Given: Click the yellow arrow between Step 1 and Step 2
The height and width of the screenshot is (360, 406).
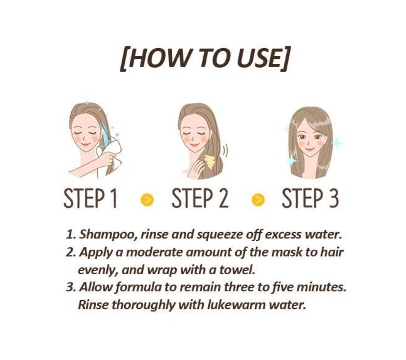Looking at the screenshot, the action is (x=147, y=200).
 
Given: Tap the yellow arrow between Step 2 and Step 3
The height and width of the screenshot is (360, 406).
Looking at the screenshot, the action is (x=258, y=200).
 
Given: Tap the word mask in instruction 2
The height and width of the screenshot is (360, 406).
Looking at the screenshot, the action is (x=287, y=252).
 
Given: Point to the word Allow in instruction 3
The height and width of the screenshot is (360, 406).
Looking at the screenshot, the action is (x=95, y=287).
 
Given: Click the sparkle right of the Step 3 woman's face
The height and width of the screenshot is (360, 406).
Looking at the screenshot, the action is (x=337, y=143).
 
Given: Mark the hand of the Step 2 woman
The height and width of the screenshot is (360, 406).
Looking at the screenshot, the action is (x=195, y=169).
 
